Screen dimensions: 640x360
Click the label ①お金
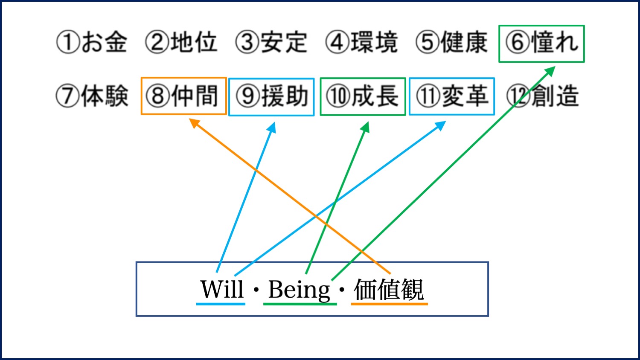(x=91, y=42)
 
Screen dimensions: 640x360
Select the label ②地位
(x=181, y=42)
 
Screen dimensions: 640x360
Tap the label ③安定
(x=271, y=42)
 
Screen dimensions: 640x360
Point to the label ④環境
(x=361, y=42)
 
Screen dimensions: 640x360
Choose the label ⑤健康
(x=451, y=42)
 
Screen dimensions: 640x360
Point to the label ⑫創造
(x=543, y=96)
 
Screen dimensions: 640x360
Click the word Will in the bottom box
(x=222, y=289)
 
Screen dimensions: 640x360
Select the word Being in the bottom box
(x=299, y=290)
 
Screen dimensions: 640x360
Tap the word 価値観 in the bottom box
(x=389, y=290)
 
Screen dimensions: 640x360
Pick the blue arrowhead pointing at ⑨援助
(x=272, y=128)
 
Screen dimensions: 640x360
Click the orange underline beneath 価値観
(x=390, y=304)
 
